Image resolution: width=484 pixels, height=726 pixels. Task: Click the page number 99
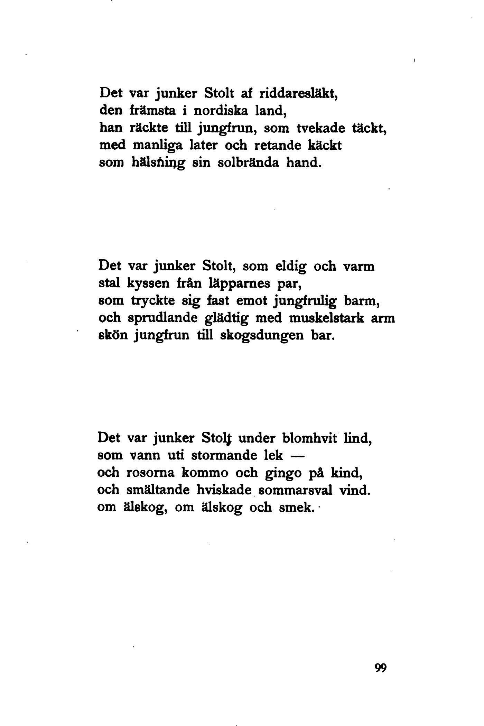(380, 668)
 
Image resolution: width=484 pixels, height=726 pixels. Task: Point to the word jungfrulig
(305, 301)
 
